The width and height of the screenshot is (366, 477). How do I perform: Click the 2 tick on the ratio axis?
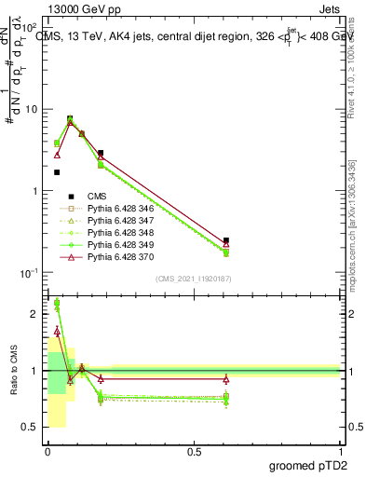35,314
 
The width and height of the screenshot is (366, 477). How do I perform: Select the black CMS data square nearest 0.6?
226,240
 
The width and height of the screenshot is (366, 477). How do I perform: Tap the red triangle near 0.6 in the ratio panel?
226,378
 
